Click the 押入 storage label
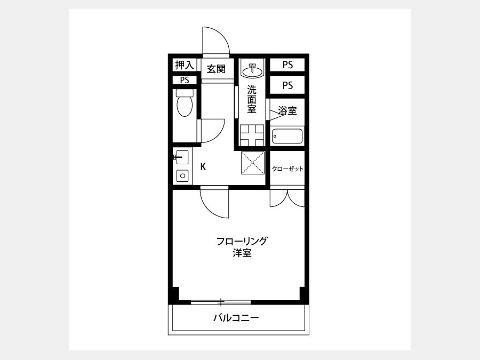tap(185, 65)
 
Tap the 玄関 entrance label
tap(216, 69)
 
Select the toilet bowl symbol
tap(185, 103)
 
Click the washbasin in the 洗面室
tap(252, 70)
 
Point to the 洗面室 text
tap(252, 100)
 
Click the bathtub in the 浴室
tap(287, 136)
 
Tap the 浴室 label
tap(287, 110)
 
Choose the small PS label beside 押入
tap(185, 80)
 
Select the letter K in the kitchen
tap(203, 167)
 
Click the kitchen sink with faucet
tap(181, 157)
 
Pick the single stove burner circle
tap(182, 175)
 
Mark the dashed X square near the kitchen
tap(253, 163)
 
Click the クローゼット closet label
tap(287, 169)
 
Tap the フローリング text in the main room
tap(242, 241)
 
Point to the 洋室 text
tap(242, 253)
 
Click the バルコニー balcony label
tap(236, 318)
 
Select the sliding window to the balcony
tap(221, 302)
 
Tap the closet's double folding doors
tap(287, 198)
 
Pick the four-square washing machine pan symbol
tap(252, 135)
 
